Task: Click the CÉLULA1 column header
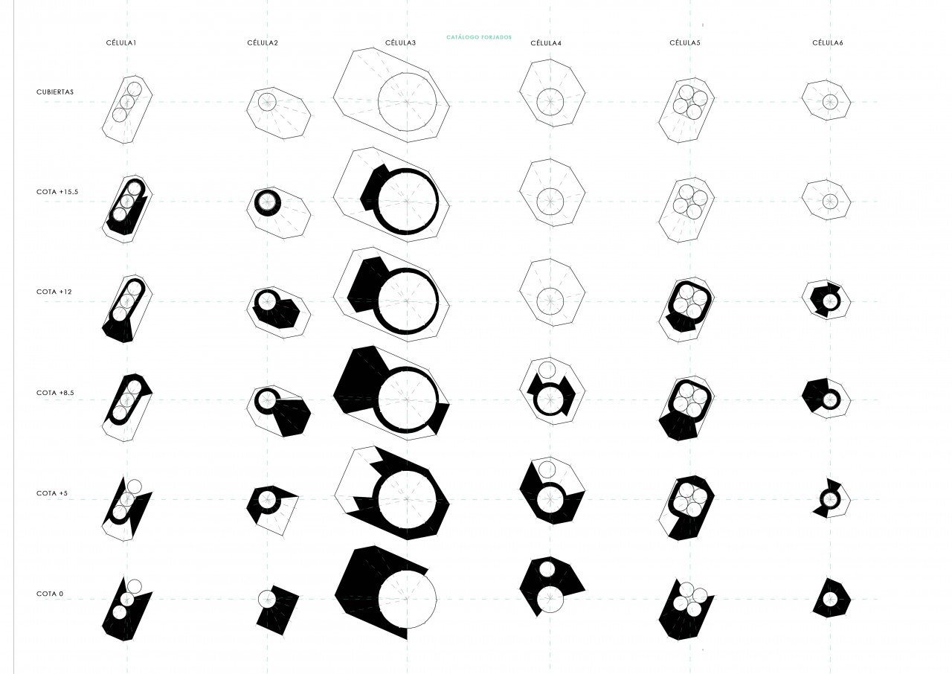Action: (x=121, y=43)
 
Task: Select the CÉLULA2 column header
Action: (x=263, y=43)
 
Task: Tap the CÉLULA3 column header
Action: (x=400, y=43)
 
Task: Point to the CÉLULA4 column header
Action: (x=546, y=43)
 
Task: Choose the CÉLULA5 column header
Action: (x=685, y=43)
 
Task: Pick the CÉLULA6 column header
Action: (x=828, y=43)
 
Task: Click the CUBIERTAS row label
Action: (x=55, y=92)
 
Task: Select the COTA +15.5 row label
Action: (x=57, y=192)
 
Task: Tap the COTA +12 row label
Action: (x=54, y=292)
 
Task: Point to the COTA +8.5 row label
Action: (x=55, y=393)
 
